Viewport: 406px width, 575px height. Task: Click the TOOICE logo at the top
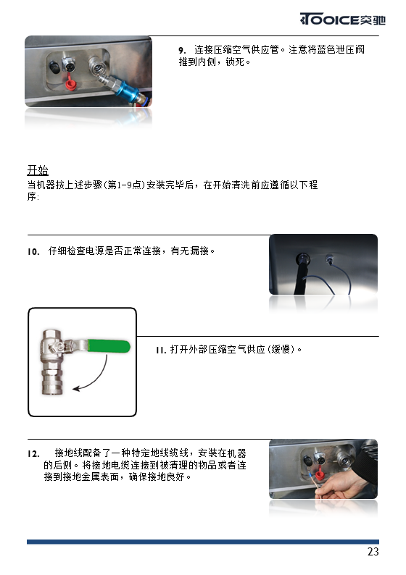coord(342,19)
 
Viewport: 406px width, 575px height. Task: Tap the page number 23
coord(373,552)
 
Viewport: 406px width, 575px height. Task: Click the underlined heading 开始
coord(38,170)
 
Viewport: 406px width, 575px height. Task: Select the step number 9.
coord(182,50)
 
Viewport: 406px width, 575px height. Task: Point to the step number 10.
coord(33,251)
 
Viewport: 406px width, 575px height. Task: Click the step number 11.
coord(161,350)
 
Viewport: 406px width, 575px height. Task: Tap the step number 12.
coord(33,454)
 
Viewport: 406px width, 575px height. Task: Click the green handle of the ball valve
coord(109,346)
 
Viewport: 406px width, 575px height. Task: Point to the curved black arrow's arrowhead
coord(76,388)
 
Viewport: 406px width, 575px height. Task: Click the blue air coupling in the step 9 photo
coord(128,91)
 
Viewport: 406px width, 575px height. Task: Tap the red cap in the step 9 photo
coord(70,84)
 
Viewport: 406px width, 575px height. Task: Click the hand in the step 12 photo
coord(341,484)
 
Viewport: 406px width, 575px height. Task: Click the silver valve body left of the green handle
coord(52,362)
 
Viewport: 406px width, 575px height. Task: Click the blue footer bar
coord(203,542)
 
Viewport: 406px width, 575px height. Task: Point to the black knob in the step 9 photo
coord(54,67)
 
